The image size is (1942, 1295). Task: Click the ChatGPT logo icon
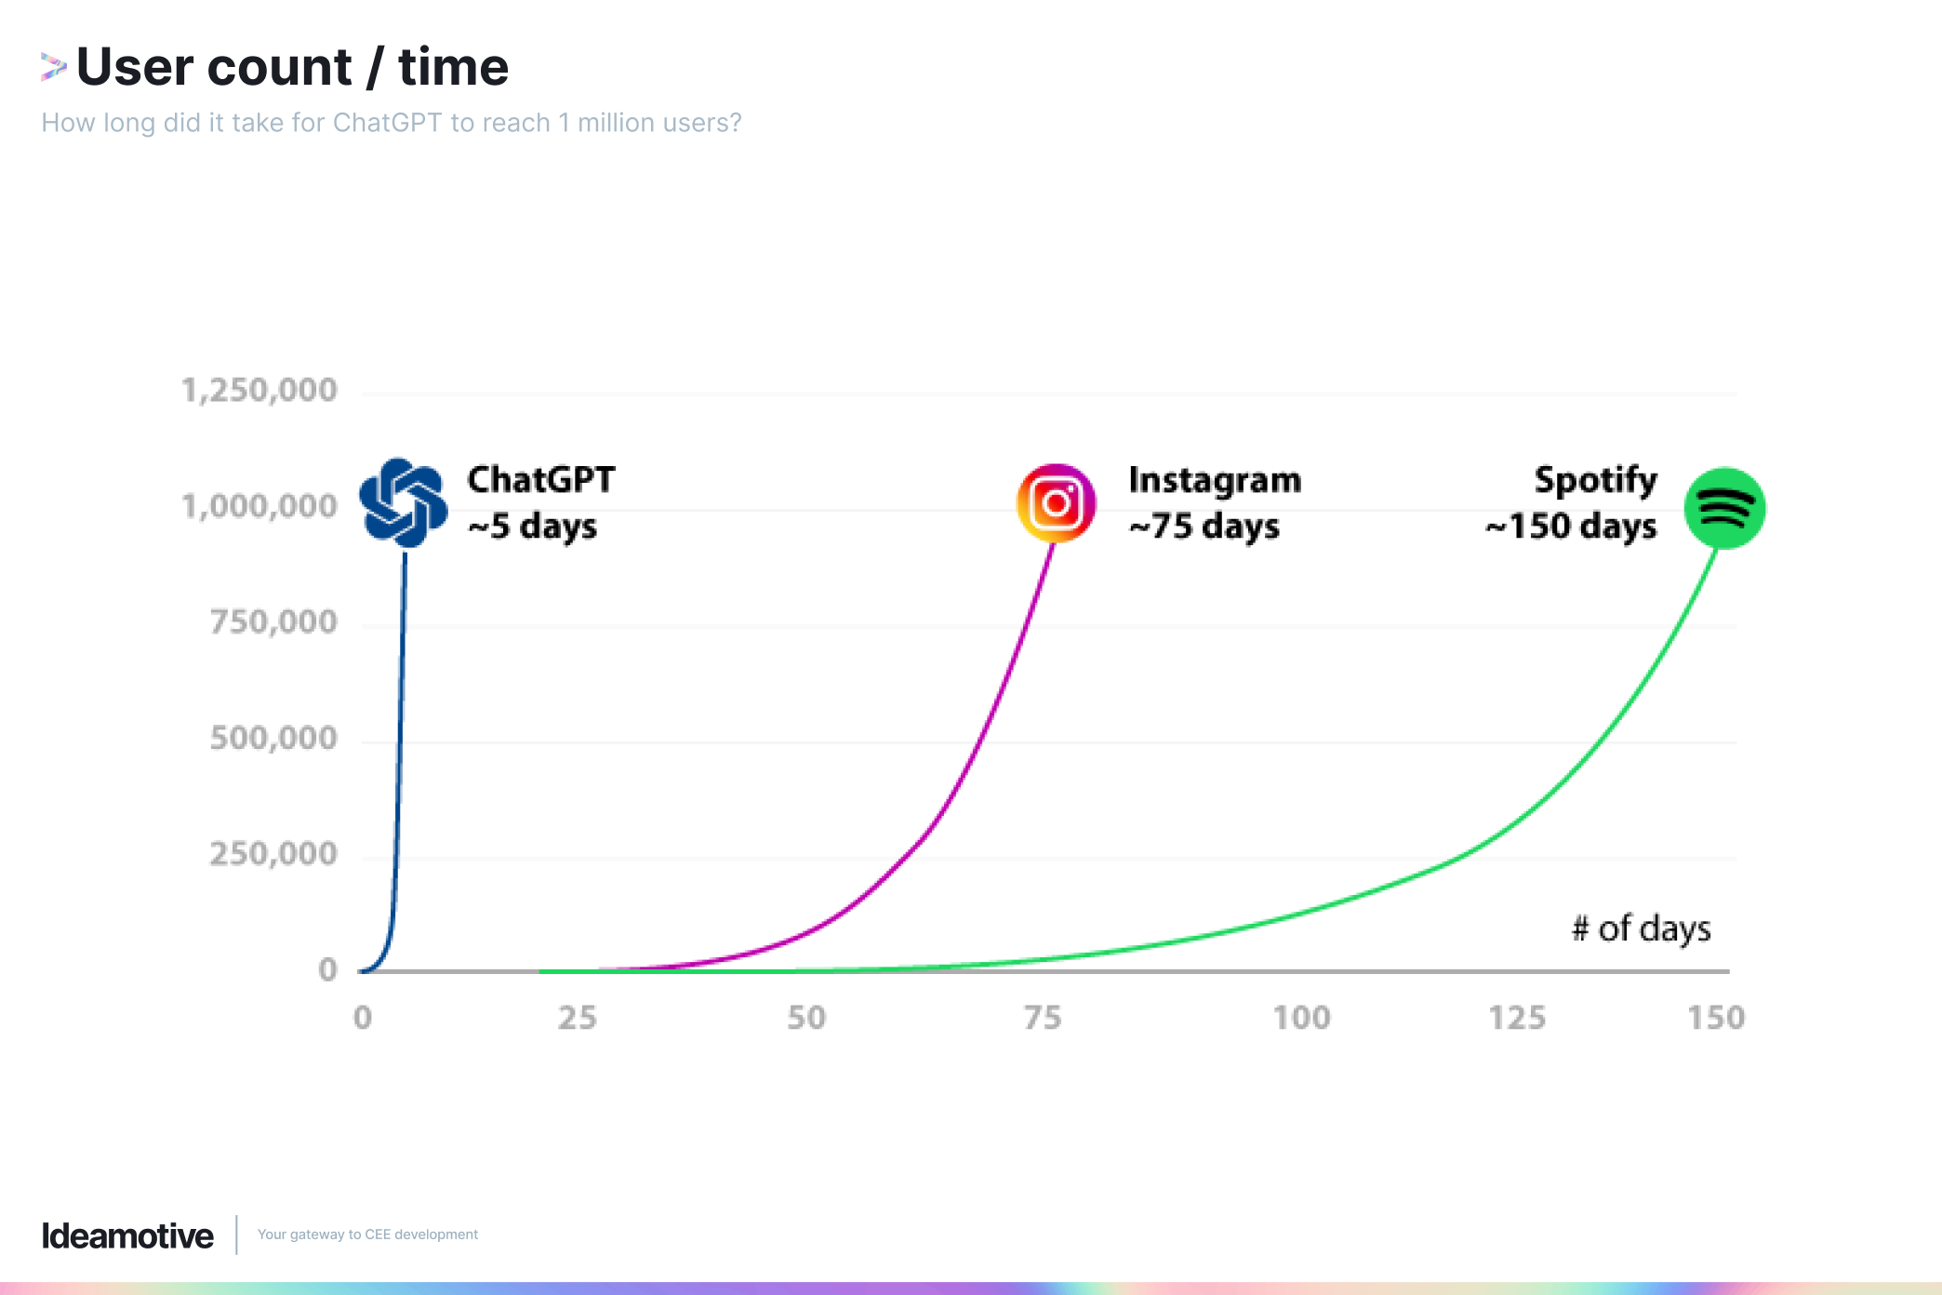tap(403, 502)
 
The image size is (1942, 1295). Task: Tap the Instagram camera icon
tap(1056, 503)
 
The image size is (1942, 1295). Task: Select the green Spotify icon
tap(1724, 508)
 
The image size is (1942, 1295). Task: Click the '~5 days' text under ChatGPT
tap(532, 527)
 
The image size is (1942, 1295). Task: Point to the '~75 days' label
tap(1204, 527)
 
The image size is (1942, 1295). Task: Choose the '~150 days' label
tap(1571, 527)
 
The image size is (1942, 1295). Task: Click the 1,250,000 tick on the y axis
tap(259, 391)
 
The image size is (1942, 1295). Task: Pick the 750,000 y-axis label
tap(273, 621)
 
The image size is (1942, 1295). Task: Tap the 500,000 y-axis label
tap(273, 738)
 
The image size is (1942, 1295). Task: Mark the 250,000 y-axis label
tap(273, 853)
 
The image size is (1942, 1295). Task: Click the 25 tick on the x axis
tap(577, 1018)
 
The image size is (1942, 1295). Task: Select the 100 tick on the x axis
tap(1301, 1018)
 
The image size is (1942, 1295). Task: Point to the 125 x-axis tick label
tap(1517, 1018)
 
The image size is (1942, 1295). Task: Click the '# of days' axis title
tap(1641, 928)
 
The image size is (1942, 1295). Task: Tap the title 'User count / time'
tap(292, 67)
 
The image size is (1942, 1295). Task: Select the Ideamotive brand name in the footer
tap(127, 1235)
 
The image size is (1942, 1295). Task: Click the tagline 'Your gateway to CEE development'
tap(367, 1235)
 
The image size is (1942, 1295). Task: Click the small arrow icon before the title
tap(53, 67)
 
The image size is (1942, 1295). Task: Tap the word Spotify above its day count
tap(1595, 480)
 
